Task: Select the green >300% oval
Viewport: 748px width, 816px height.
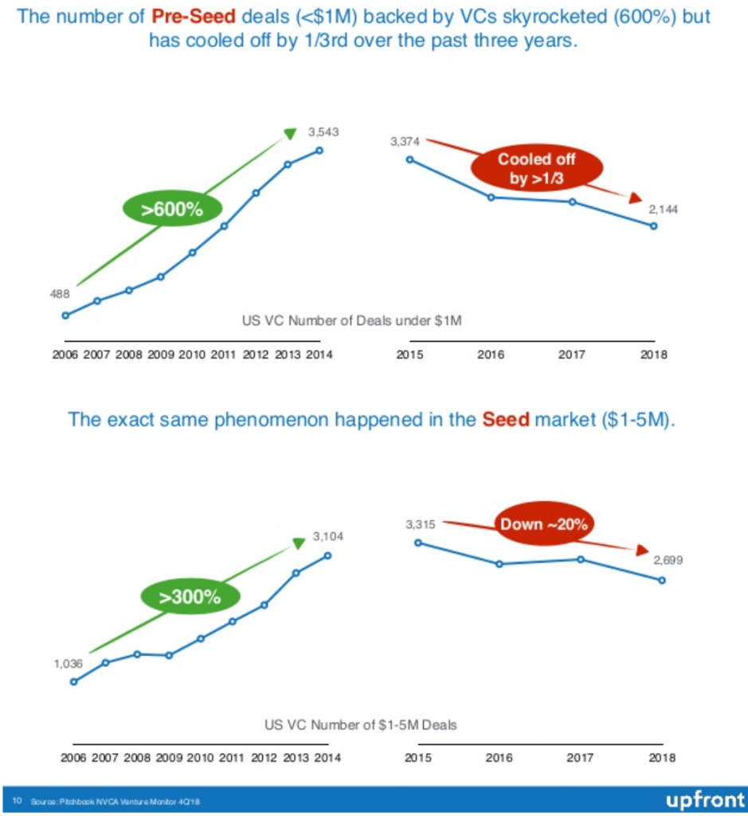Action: pyautogui.click(x=190, y=597)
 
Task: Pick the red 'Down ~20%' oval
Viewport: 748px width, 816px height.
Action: pyautogui.click(x=543, y=524)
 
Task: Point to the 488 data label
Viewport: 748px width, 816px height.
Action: pyautogui.click(x=60, y=294)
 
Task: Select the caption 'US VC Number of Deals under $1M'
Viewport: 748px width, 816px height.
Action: pyautogui.click(x=352, y=320)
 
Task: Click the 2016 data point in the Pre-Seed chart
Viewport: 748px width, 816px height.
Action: pyautogui.click(x=491, y=197)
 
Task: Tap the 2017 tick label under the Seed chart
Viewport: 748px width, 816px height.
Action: pyautogui.click(x=581, y=758)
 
